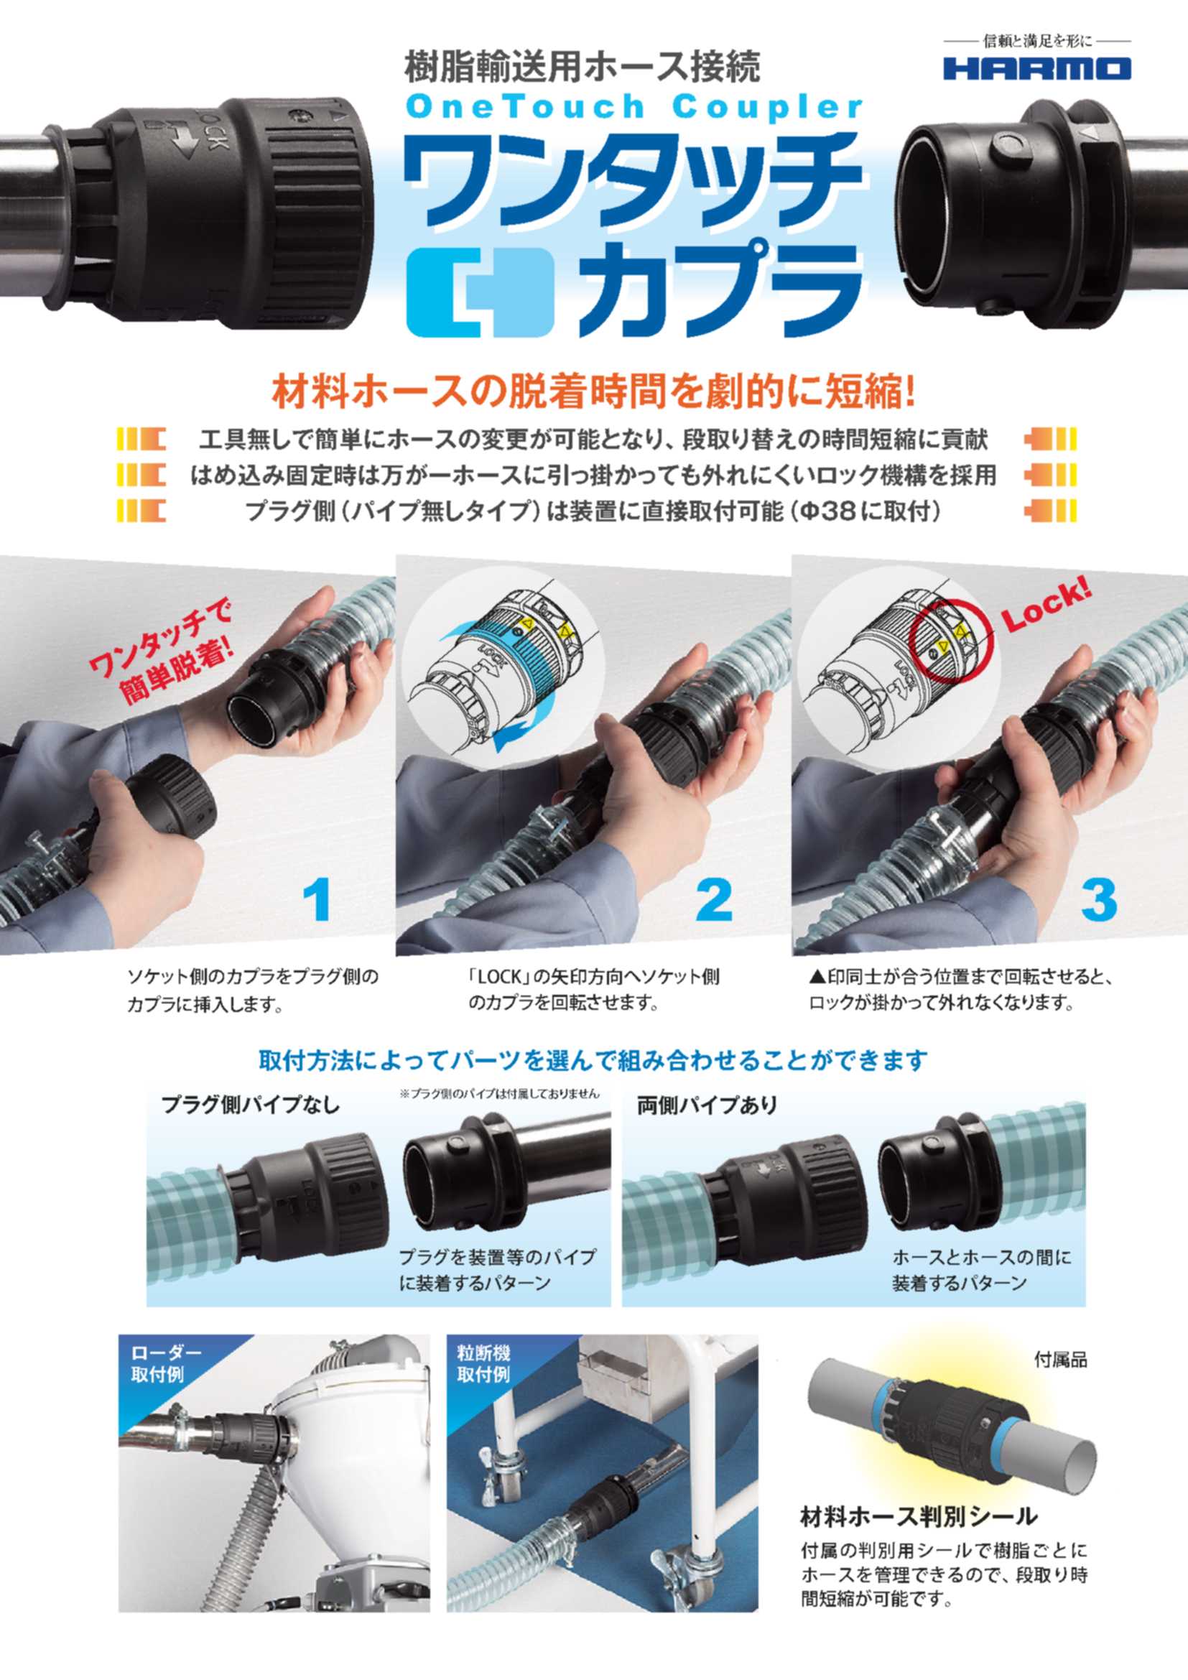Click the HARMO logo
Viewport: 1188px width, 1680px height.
tap(1036, 69)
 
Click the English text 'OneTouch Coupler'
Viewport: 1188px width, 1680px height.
tap(634, 108)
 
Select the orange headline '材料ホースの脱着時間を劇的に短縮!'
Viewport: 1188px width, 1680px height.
tap(593, 393)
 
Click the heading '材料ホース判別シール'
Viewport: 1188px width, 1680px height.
tap(919, 1516)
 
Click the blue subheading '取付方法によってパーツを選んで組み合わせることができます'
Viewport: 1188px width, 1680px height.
tap(593, 1060)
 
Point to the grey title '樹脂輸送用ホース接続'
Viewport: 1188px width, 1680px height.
tap(583, 67)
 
